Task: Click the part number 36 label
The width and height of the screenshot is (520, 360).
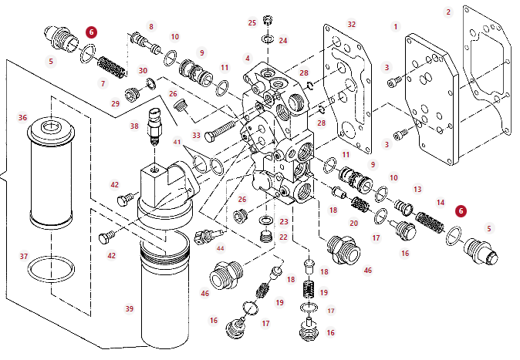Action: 23,118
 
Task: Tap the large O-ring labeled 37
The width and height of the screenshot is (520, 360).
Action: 51,270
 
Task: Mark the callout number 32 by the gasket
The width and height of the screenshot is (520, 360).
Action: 351,25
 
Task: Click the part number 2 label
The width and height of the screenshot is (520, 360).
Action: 447,12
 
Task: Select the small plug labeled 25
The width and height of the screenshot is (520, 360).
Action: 268,20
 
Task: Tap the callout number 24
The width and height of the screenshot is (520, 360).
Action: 283,40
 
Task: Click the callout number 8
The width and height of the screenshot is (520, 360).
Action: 151,27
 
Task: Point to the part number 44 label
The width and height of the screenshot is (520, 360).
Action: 221,248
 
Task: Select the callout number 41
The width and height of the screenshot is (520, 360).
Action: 177,142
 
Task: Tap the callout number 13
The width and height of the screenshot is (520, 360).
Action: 417,189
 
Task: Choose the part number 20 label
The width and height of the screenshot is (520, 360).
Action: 354,223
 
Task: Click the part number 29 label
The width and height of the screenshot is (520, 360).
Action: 116,103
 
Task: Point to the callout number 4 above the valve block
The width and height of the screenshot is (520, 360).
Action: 248,58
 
